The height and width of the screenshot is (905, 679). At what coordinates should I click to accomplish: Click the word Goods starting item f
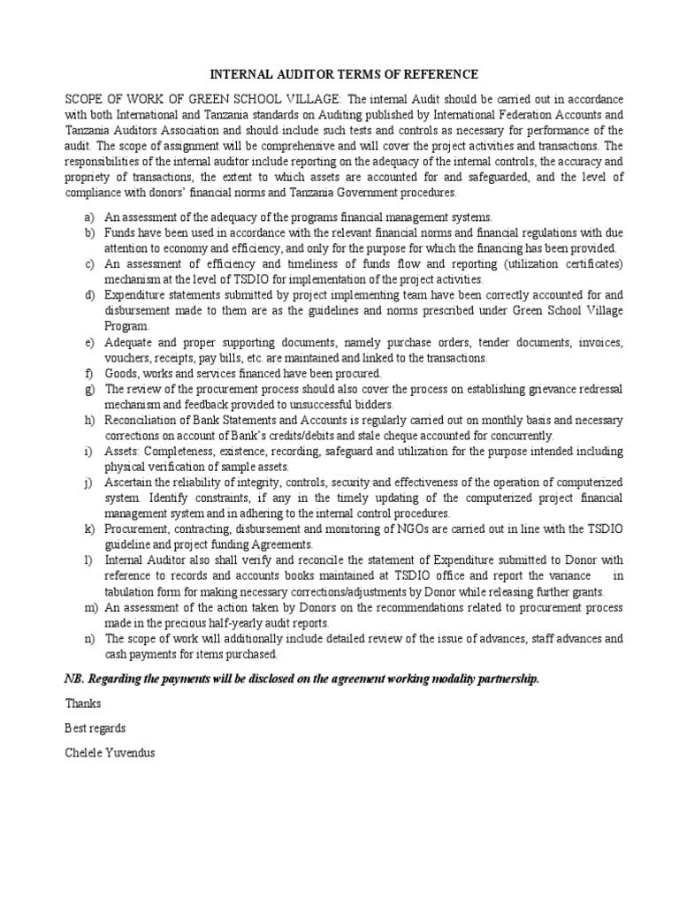coord(120,373)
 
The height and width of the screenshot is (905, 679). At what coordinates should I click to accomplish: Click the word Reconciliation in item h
coord(144,420)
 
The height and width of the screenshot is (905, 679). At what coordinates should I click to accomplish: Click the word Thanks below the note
coord(83,703)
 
